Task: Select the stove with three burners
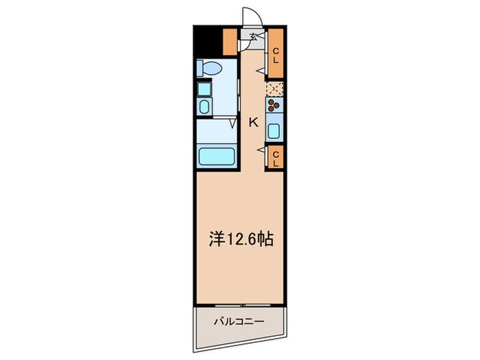(x=274, y=105)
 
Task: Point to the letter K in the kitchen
(x=252, y=123)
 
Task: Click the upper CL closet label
(x=275, y=56)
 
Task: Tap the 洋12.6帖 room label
(x=241, y=240)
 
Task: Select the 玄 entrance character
(x=253, y=37)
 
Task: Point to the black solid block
(x=204, y=40)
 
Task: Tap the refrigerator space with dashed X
(x=274, y=88)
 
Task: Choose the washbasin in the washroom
(x=204, y=106)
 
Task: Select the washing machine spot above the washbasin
(x=204, y=88)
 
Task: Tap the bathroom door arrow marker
(x=233, y=124)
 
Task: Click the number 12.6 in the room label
(x=245, y=240)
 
